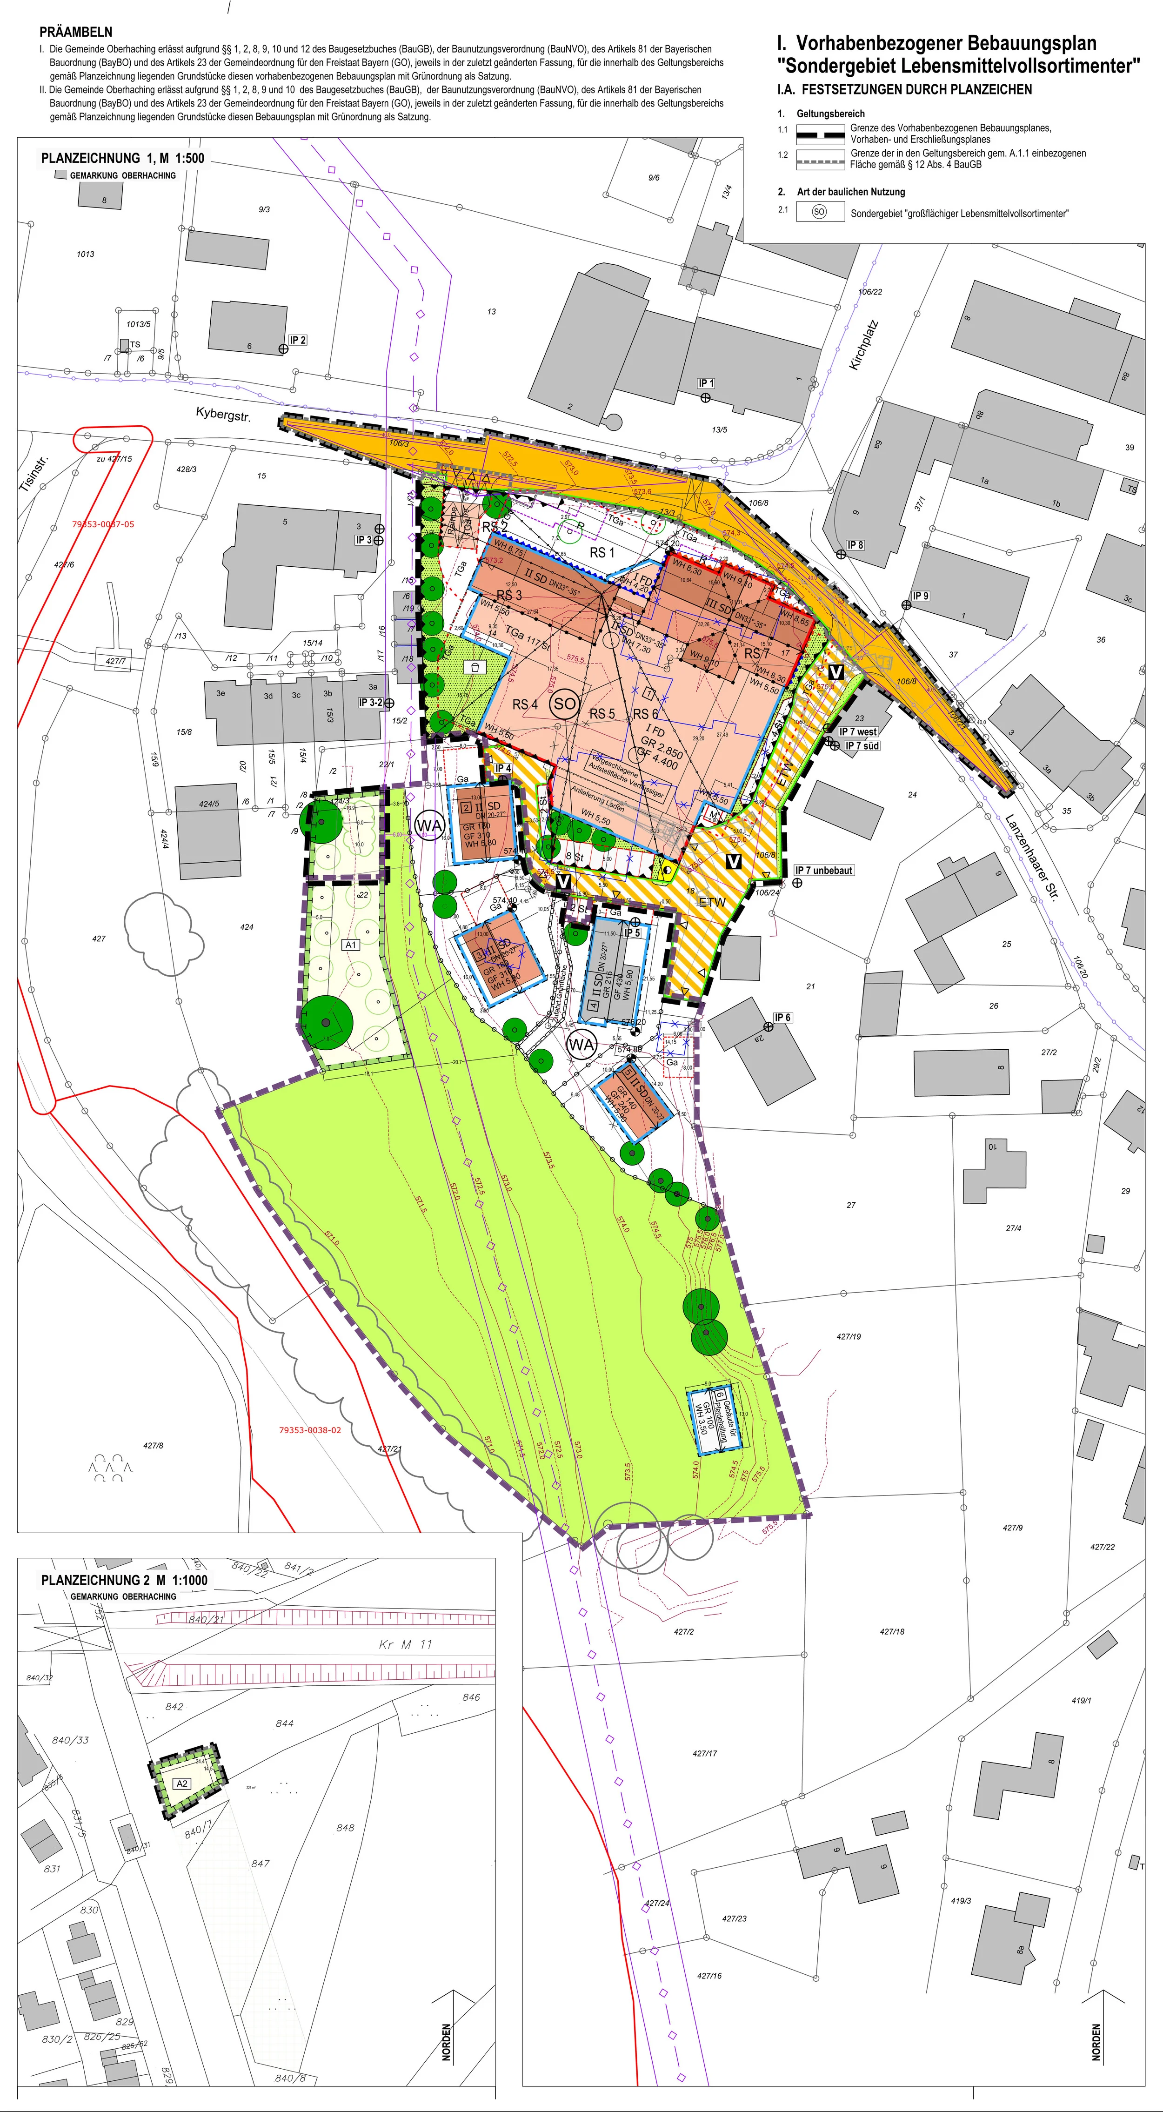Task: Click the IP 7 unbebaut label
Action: click(x=824, y=870)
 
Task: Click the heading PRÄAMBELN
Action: click(x=75, y=33)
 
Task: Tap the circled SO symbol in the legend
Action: click(x=819, y=212)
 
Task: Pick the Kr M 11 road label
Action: click(x=405, y=1644)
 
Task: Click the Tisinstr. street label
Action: click(x=34, y=476)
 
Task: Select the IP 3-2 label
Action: click(x=370, y=703)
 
